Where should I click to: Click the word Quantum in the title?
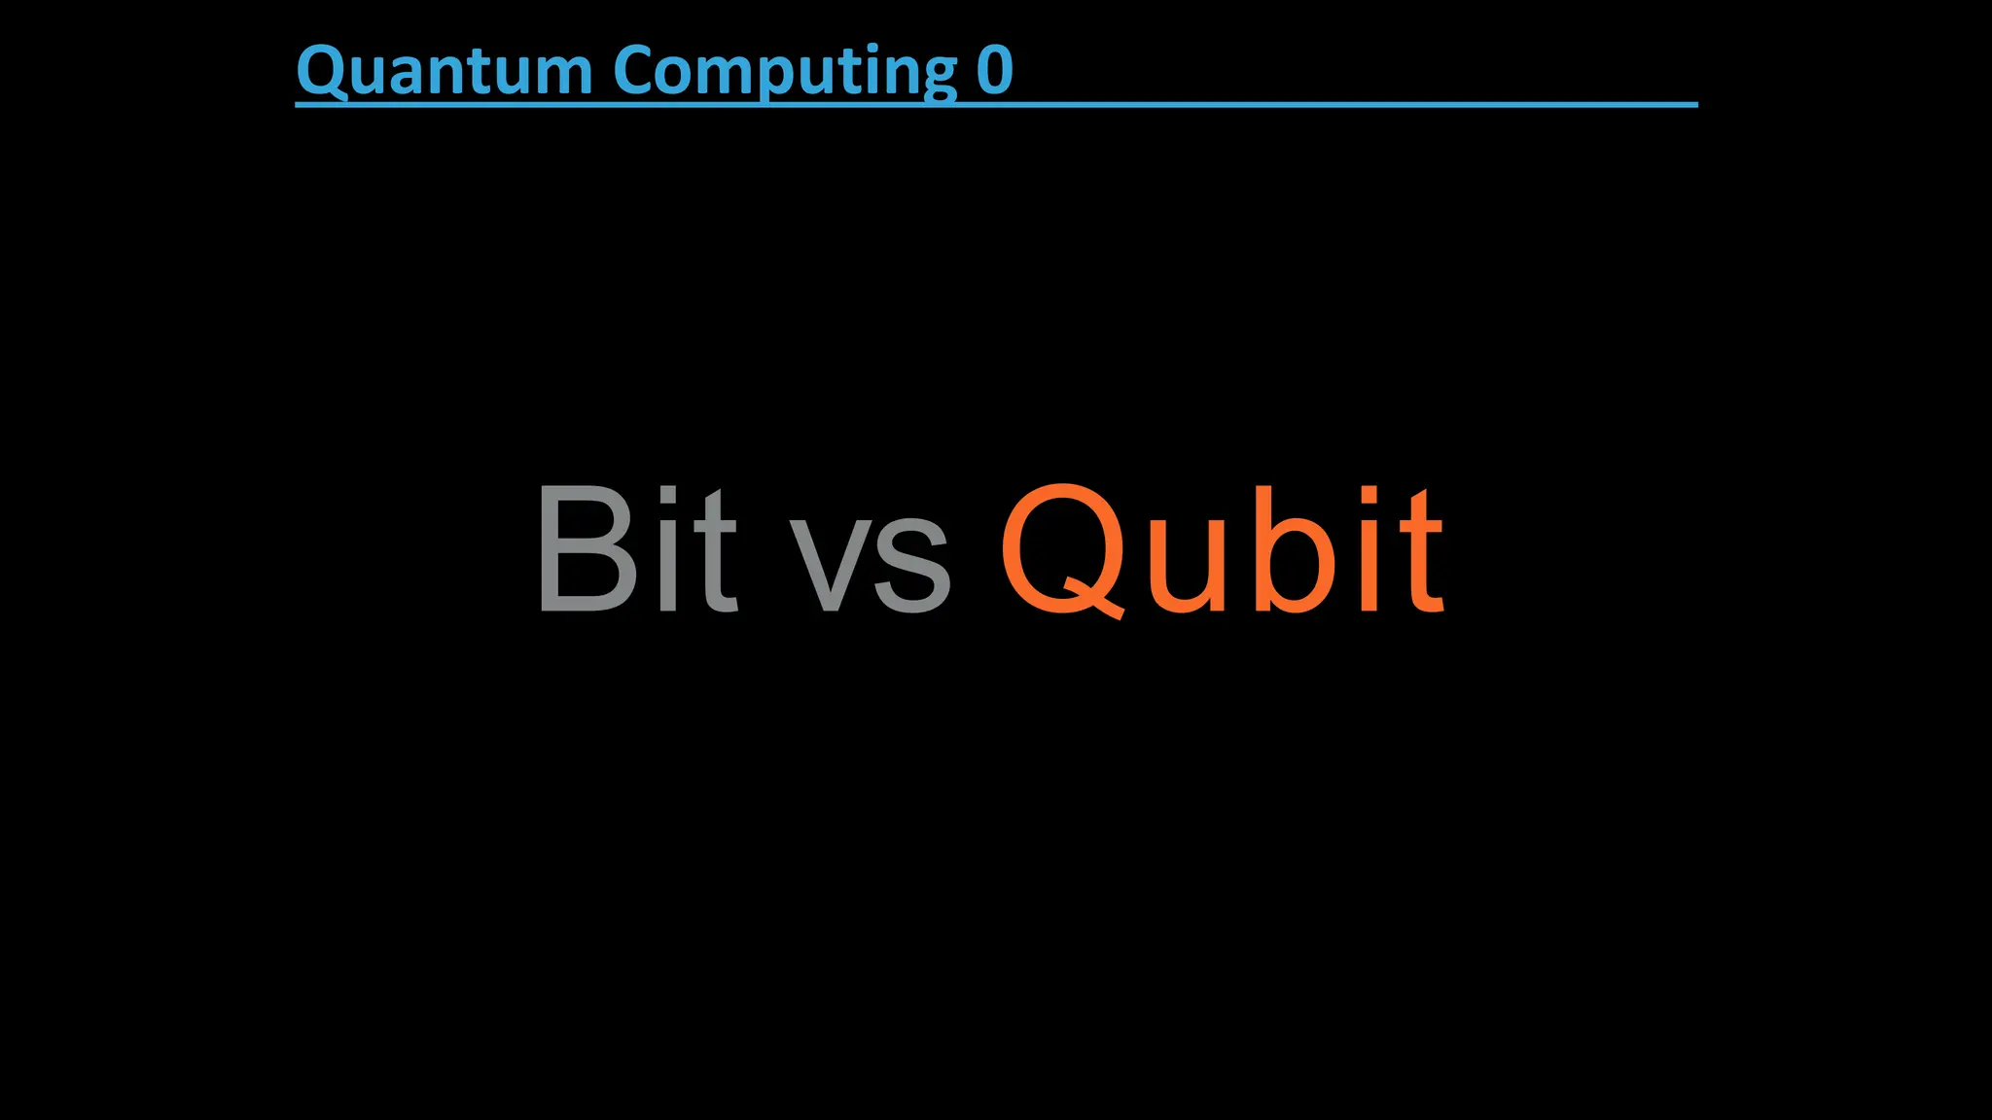(x=445, y=72)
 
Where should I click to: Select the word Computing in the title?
(x=785, y=72)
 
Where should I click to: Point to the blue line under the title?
(x=1362, y=103)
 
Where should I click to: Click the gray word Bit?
(x=636, y=549)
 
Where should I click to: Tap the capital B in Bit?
(x=586, y=549)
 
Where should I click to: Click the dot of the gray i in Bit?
(x=667, y=495)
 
